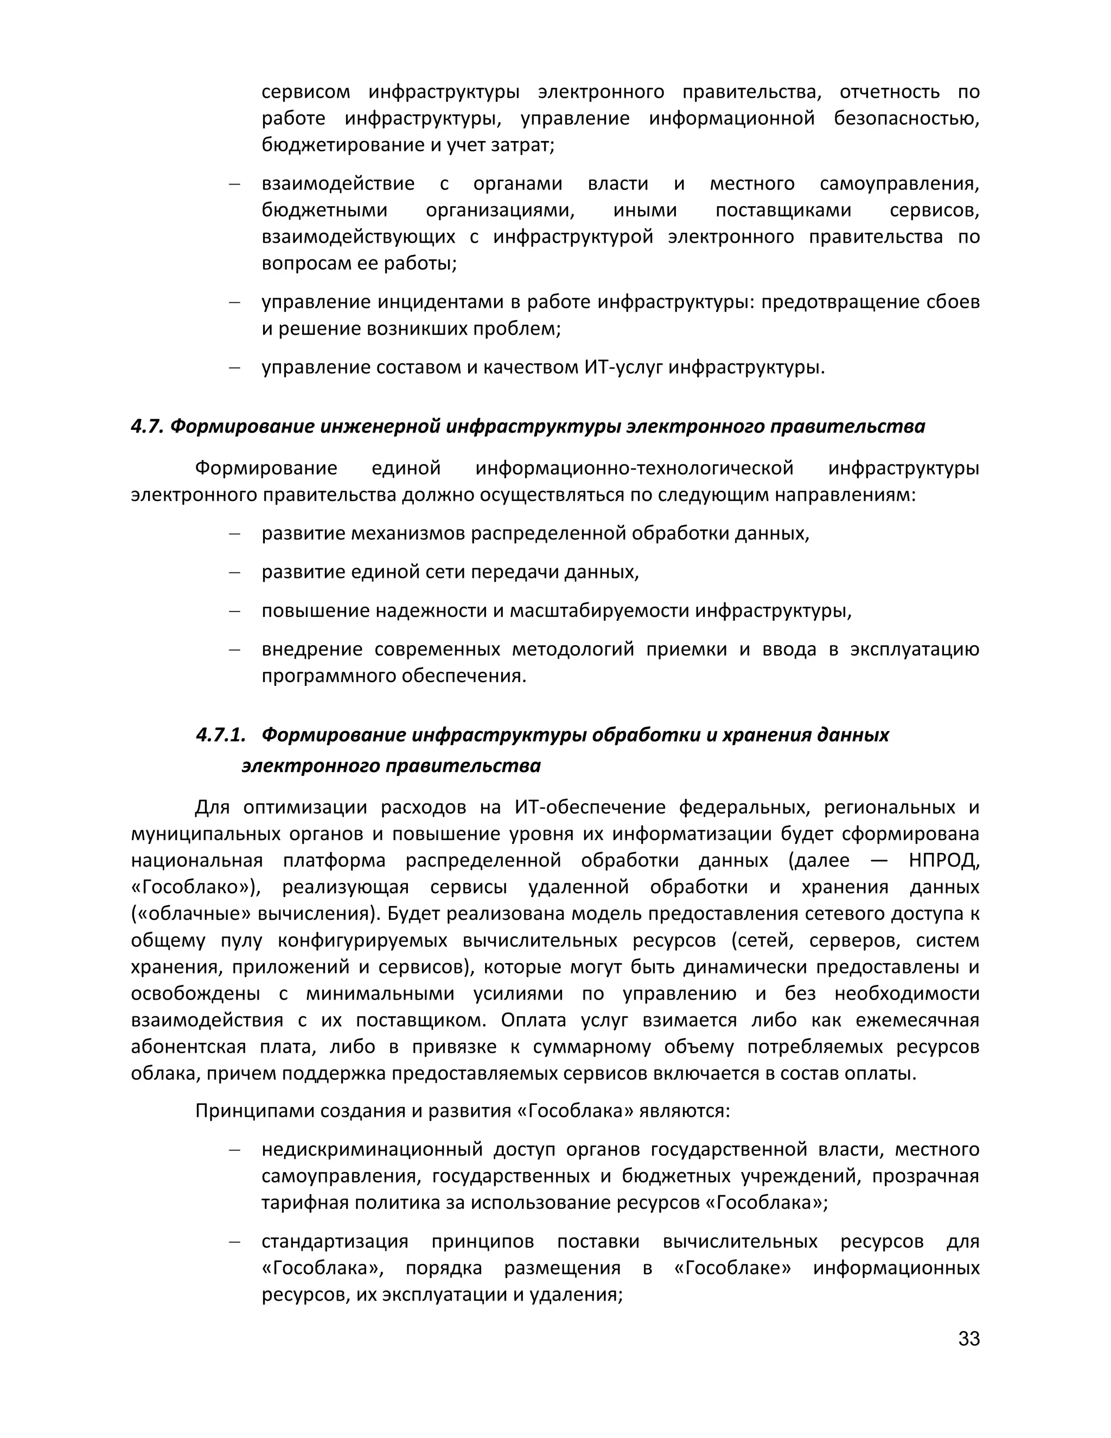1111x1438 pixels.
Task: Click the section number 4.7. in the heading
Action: pyautogui.click(x=148, y=427)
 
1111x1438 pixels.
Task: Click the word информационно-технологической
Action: pyautogui.click(x=634, y=469)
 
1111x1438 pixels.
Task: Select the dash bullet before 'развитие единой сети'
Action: pyautogui.click(x=234, y=572)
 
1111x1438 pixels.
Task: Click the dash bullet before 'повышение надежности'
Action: pyautogui.click(x=234, y=611)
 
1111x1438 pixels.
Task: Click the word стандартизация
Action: pyautogui.click(x=334, y=1242)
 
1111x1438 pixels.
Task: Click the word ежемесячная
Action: pyautogui.click(x=917, y=1020)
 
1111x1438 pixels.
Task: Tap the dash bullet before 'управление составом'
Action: pyautogui.click(x=234, y=367)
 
